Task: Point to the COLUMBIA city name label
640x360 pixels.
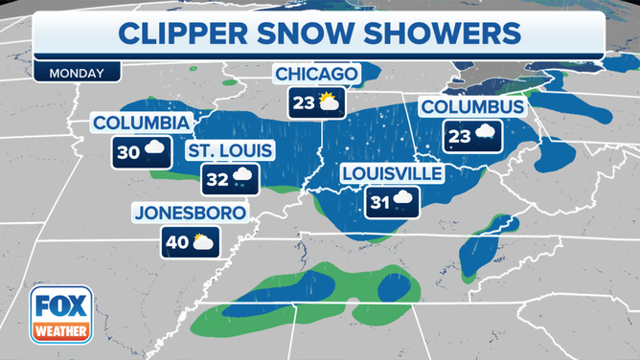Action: [x=142, y=124]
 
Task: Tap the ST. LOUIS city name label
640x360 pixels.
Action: [x=230, y=150]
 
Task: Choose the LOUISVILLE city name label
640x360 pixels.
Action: [x=393, y=173]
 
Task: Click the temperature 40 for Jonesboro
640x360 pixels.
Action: [x=177, y=241]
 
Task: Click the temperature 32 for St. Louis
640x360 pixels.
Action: [x=217, y=177]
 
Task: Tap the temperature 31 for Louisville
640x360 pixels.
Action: [x=379, y=200]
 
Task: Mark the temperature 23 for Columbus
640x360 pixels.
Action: [x=459, y=135]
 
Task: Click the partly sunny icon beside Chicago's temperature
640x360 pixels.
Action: [x=329, y=101]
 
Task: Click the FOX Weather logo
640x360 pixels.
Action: [x=61, y=314]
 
